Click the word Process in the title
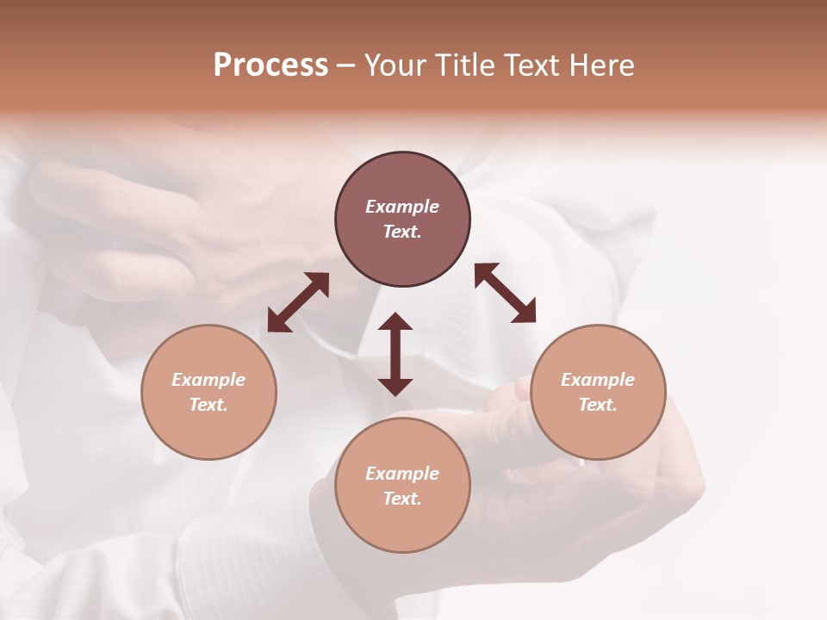pyautogui.click(x=270, y=65)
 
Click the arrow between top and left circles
pyautogui.click(x=298, y=302)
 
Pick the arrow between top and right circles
pyautogui.click(x=505, y=293)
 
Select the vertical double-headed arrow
pyautogui.click(x=395, y=354)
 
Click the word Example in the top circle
pyautogui.click(x=402, y=207)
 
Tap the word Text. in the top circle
pyautogui.click(x=402, y=232)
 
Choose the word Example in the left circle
pyautogui.click(x=208, y=380)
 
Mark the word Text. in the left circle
pyautogui.click(x=208, y=405)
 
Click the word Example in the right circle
pyautogui.click(x=598, y=380)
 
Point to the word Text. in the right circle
pyautogui.click(x=598, y=405)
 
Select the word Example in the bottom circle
pyautogui.click(x=402, y=474)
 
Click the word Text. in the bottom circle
pyautogui.click(x=402, y=499)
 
